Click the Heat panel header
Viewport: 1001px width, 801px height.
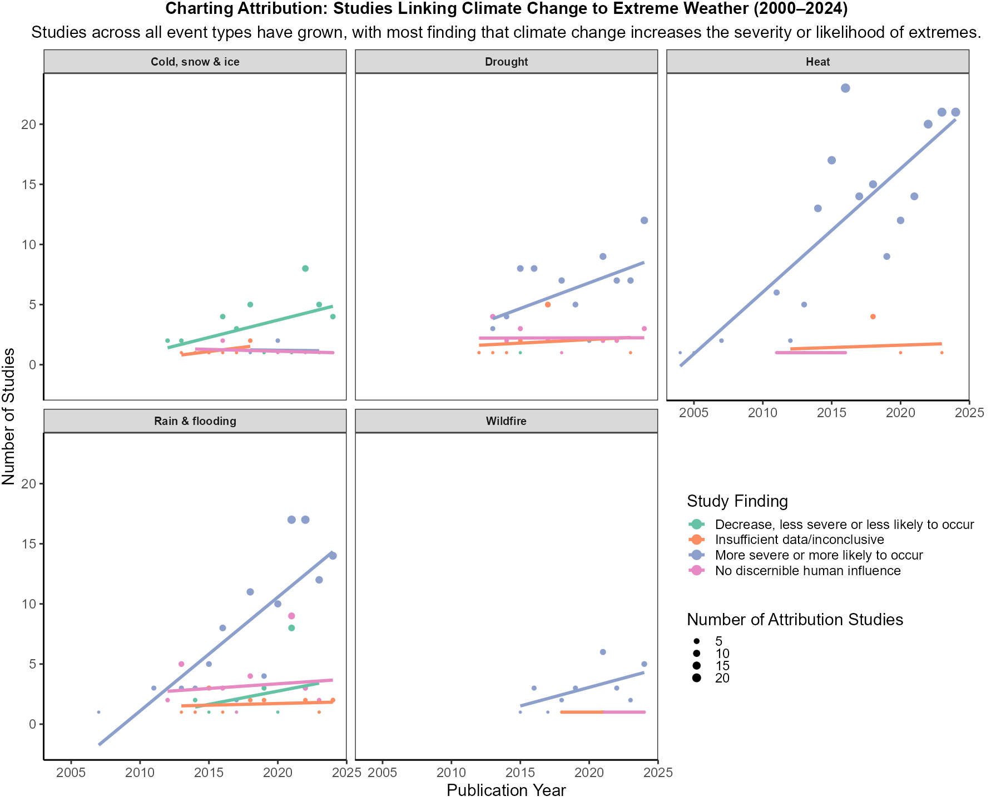(817, 62)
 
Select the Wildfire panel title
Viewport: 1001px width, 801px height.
(506, 421)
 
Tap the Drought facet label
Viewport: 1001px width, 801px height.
(506, 62)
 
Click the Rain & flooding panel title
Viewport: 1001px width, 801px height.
(195, 421)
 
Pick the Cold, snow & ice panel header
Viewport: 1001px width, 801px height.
(195, 62)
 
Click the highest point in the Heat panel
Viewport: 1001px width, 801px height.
(845, 88)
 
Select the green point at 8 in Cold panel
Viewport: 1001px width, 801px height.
(305, 269)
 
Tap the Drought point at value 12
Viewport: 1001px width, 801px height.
(644, 220)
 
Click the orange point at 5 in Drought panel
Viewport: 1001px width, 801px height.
(548, 305)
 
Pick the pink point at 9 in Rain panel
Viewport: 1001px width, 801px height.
(291, 616)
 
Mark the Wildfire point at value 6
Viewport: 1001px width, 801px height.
(603, 652)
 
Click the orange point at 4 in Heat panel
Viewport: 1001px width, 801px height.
(873, 317)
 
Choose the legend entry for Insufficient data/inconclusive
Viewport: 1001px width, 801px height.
(799, 540)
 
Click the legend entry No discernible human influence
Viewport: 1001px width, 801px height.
(807, 571)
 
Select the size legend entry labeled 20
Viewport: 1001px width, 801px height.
(722, 678)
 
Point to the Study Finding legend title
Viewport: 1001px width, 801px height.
(737, 501)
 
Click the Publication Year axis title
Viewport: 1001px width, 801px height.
(506, 790)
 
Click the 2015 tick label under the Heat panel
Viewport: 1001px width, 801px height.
(831, 413)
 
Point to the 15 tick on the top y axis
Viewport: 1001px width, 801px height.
(29, 184)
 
